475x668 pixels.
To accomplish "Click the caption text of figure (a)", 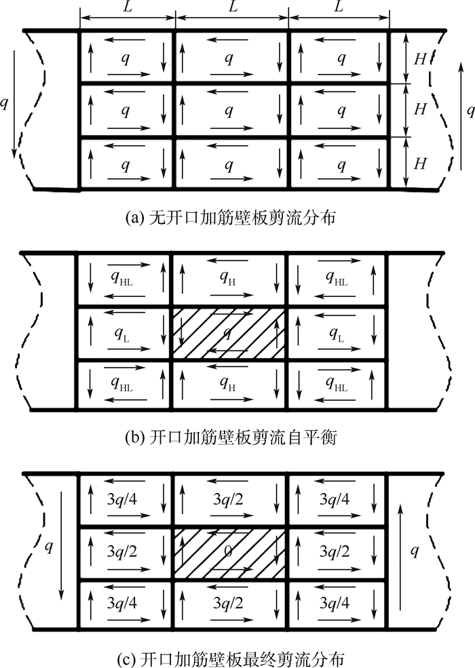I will (x=237, y=218).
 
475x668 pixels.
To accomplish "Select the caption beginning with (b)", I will (x=237, y=437).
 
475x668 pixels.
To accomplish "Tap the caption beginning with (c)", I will (x=237, y=657).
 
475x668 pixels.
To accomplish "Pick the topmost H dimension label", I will (x=421, y=58).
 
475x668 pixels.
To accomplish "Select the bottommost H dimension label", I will (x=421, y=163).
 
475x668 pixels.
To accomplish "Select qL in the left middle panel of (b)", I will (x=124, y=334).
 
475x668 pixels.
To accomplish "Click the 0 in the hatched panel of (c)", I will (x=229, y=553).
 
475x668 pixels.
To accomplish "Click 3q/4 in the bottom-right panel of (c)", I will (x=337, y=604).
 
